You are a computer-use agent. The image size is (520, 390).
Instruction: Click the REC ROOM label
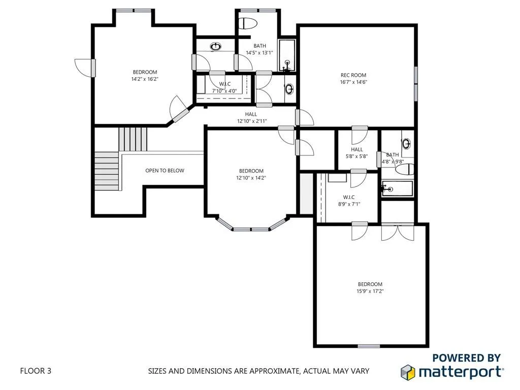[353, 75]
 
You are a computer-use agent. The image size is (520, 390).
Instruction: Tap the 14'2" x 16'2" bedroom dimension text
[145, 79]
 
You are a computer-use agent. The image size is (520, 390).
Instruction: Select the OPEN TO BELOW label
[165, 171]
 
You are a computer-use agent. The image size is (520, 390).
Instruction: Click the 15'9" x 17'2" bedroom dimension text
[370, 291]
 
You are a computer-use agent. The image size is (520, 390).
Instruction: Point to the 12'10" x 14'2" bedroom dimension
[251, 178]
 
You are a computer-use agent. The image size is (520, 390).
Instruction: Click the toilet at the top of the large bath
[248, 23]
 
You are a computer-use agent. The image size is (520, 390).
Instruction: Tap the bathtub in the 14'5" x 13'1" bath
[287, 55]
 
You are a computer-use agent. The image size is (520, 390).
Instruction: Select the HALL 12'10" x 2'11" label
[251, 118]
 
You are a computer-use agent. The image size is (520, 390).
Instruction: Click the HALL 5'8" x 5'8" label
[357, 153]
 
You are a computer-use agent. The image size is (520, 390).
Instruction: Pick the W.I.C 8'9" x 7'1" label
[348, 201]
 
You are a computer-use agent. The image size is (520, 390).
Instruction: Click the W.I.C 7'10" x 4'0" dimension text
[224, 91]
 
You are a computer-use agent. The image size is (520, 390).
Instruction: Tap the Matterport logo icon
[408, 371]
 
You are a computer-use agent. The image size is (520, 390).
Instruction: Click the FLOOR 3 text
[36, 371]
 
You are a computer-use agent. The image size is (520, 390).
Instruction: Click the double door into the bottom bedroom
[398, 232]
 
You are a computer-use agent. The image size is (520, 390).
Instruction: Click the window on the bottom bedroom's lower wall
[369, 346]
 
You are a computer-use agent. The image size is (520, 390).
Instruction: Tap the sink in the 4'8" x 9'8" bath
[406, 143]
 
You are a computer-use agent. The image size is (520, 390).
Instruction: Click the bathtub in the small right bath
[398, 189]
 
